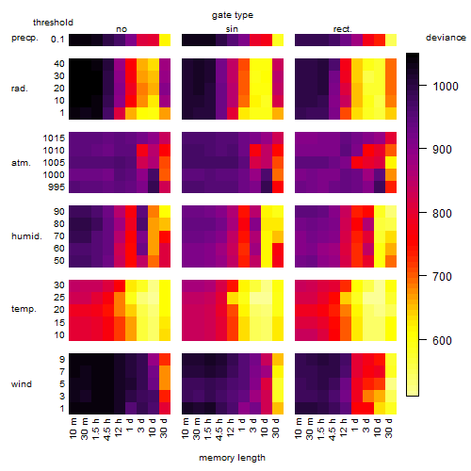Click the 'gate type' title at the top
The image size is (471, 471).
pos(233,15)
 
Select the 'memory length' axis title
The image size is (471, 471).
pos(232,458)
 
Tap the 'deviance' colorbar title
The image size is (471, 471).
pos(446,38)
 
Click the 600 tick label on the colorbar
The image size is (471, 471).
pos(442,340)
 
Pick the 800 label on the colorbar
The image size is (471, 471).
pos(442,213)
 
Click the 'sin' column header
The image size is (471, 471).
pos(232,29)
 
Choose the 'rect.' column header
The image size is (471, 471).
pos(343,29)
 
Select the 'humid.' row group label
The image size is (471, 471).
pos(26,236)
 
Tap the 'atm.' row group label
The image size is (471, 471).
pos(21,163)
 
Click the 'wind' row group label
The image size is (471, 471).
pos(22,384)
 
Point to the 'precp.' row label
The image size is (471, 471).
pos(24,39)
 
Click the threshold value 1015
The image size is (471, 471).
pos(54,138)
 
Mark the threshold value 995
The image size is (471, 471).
pos(57,187)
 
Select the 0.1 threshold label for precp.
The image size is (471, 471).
pos(57,40)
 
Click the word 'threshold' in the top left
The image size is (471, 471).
pos(53,23)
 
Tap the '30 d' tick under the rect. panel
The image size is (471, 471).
pos(389,428)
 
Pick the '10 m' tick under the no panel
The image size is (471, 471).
pos(73,429)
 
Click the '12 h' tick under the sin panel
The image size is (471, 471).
pos(231,428)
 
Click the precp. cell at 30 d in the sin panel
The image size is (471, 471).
pos(278,41)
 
